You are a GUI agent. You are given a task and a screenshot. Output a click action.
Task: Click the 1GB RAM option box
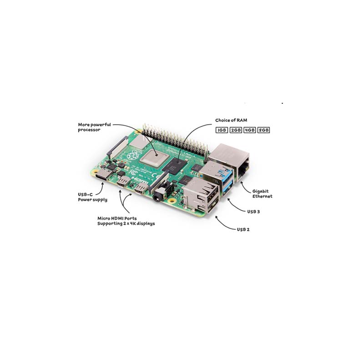[222, 130]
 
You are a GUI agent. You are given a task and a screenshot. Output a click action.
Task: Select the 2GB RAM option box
[236, 130]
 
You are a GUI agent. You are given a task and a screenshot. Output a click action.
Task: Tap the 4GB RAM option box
[249, 130]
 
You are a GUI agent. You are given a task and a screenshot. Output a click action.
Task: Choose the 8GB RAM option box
[263, 130]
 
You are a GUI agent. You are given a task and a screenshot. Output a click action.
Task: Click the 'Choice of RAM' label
[231, 120]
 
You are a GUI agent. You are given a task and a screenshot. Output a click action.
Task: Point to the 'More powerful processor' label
[94, 127]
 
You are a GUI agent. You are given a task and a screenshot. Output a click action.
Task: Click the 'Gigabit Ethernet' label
[263, 194]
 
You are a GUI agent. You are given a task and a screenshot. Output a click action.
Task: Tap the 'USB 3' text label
[253, 212]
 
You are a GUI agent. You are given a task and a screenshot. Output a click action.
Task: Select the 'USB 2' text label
[243, 229]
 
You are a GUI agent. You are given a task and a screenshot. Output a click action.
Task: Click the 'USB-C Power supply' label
[92, 197]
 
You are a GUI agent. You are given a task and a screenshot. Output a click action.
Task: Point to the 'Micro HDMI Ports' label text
[117, 218]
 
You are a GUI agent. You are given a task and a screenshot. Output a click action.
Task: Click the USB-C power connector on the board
[103, 175]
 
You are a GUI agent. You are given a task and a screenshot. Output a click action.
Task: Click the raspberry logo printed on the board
[132, 155]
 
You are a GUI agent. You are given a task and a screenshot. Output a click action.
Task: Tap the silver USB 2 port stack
[201, 195]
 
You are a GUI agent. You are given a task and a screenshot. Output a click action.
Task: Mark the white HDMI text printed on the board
[140, 180]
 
